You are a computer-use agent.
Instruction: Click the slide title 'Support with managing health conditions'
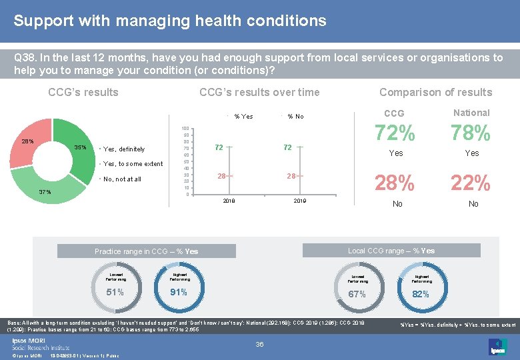[170, 21]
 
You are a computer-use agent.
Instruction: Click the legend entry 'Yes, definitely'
[124, 149]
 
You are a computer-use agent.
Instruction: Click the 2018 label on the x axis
[228, 201]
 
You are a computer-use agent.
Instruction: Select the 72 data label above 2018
[219, 147]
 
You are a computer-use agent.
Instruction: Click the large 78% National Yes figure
[471, 134]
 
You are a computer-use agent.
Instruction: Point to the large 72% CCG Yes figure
[395, 134]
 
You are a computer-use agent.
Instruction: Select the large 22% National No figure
[471, 182]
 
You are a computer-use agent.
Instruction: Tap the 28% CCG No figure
[395, 182]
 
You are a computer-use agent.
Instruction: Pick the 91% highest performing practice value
[179, 291]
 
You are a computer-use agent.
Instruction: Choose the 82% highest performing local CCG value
[421, 294]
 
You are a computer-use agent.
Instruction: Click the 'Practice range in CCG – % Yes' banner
[147, 251]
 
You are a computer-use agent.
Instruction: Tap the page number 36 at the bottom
[260, 345]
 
